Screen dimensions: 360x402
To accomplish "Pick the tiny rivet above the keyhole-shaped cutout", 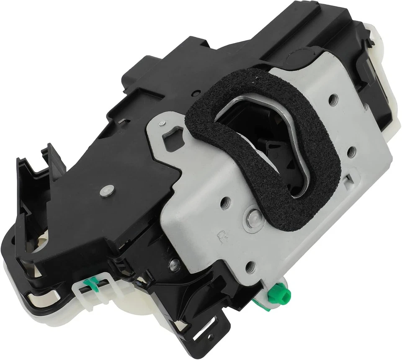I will click(161, 123).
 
